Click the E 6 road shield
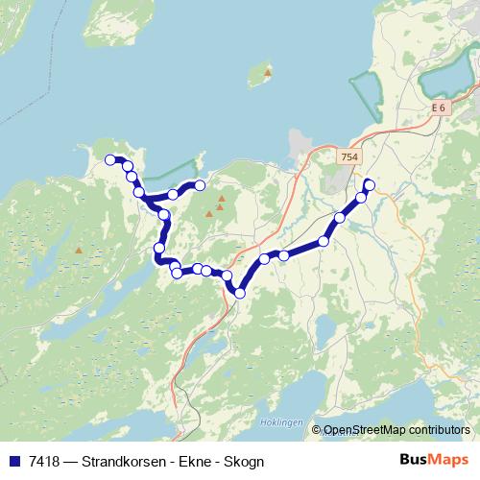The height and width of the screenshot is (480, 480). pyautogui.click(x=438, y=108)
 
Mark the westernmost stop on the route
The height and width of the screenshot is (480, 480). pyautogui.click(x=110, y=160)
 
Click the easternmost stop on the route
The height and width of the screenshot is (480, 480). pyautogui.click(x=370, y=184)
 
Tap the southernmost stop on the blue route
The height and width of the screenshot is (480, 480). pyautogui.click(x=240, y=293)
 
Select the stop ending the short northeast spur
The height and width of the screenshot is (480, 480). pyautogui.click(x=200, y=184)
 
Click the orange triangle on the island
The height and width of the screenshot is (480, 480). pyautogui.click(x=268, y=73)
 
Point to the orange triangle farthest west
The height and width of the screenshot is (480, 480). pyautogui.click(x=79, y=252)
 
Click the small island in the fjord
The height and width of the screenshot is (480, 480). pyautogui.click(x=257, y=76)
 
